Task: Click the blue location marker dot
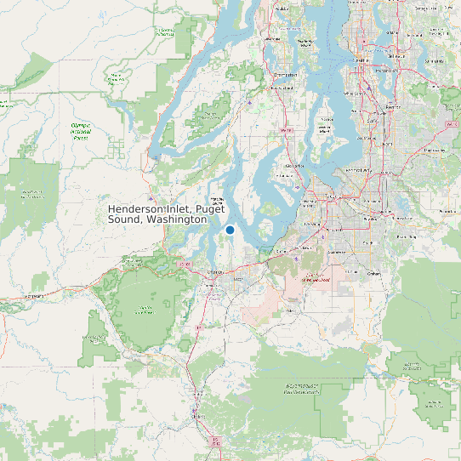(230, 230)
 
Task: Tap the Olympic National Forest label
(82, 131)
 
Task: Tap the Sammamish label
(433, 62)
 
